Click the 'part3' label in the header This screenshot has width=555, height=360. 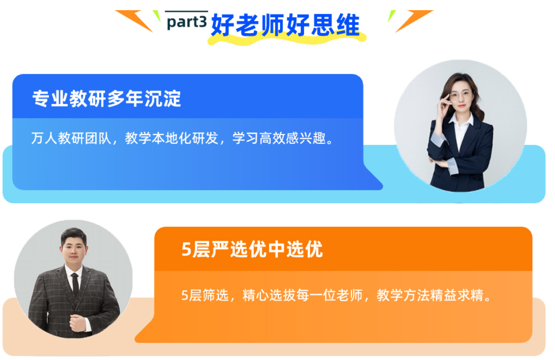coord(187,22)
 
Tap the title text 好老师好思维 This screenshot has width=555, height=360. coord(285,25)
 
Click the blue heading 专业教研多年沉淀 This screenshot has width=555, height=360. coord(106,99)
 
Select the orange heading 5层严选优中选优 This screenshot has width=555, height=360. coord(252,249)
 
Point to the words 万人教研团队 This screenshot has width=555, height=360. coord(71,138)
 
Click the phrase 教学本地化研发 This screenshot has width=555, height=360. coord(172,138)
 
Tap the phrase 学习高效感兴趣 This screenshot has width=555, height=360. coord(279,138)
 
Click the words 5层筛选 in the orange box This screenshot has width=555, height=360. coord(205,295)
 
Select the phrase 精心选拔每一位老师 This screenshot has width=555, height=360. coord(303,295)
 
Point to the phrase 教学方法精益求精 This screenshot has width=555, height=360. coord(430,295)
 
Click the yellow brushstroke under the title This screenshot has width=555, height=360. coord(287,40)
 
